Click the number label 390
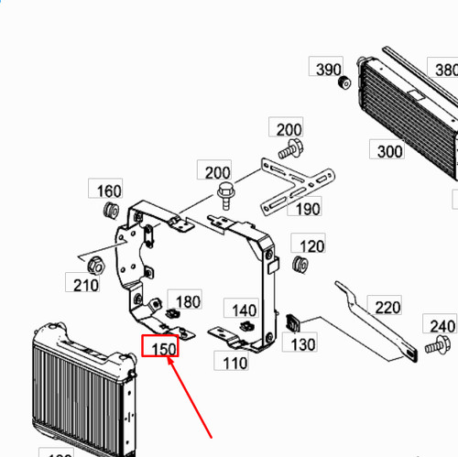point(329,70)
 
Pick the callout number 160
point(109,190)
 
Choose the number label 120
point(312,246)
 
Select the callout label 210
point(86,285)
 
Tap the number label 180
point(187,301)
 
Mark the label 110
point(235,363)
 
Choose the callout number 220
point(388,307)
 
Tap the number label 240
point(442,325)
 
